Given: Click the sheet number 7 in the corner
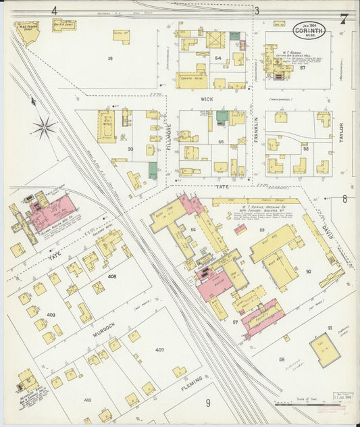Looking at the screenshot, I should coord(344,18).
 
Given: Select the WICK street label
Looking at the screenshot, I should coord(206,98).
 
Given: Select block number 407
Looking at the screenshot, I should coord(159,350).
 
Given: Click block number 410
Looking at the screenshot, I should coord(87,401).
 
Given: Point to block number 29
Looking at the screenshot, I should coord(110,59).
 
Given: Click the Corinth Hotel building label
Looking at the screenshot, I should coord(192,79).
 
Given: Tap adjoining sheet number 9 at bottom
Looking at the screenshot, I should coord(208,404).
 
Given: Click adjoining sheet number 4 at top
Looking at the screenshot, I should coord(54,10).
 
